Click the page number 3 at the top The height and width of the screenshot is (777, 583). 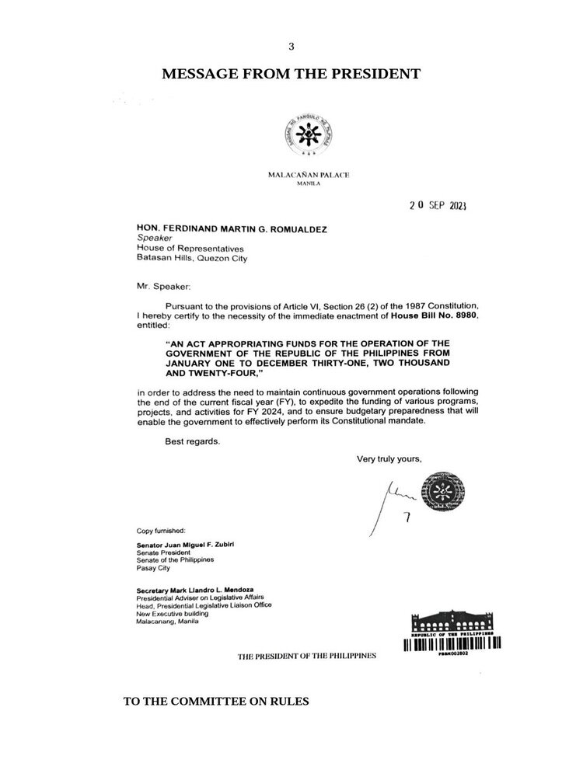(291, 47)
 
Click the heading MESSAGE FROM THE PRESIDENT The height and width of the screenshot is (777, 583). (291, 75)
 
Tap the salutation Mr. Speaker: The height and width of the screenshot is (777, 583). (158, 287)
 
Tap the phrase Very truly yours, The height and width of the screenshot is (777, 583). (389, 458)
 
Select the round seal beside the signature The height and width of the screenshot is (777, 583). (435, 497)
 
